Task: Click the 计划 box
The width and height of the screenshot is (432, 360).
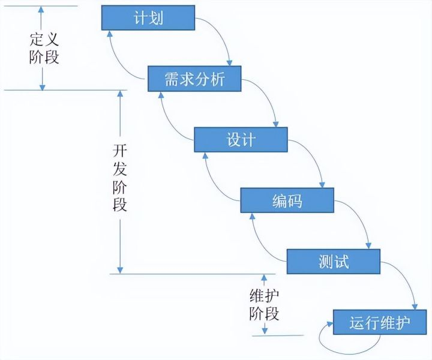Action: [148, 18]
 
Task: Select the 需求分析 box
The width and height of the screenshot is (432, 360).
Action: [194, 79]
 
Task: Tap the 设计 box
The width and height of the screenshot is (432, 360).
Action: [241, 140]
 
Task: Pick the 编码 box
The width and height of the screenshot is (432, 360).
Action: [287, 200]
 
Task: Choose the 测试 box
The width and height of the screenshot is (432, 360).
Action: [334, 261]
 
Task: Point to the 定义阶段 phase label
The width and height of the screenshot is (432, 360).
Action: [44, 49]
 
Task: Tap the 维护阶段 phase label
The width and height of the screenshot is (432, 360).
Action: [264, 304]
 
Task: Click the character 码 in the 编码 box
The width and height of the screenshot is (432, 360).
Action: [295, 200]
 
